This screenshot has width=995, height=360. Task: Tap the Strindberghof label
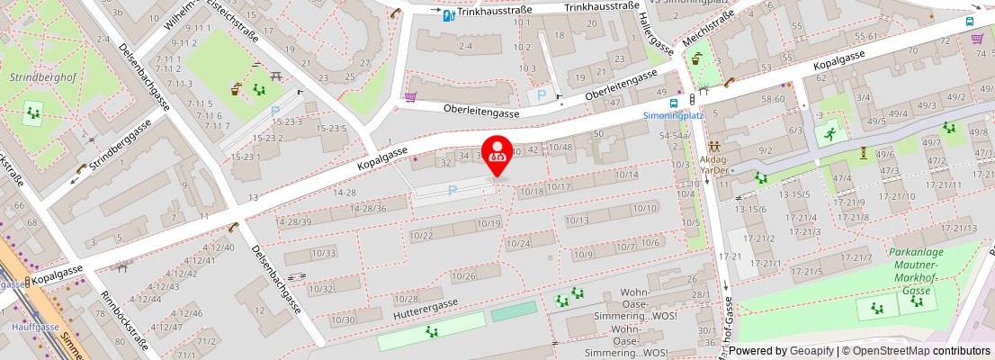click(33, 77)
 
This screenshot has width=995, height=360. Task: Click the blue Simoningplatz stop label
click(673, 116)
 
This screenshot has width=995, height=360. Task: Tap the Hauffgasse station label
click(35, 326)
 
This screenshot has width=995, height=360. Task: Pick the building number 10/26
click(463, 275)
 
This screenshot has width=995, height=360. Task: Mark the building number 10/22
click(420, 235)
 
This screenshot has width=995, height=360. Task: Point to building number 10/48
click(560, 147)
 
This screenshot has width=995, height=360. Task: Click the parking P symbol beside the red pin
click(453, 190)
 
